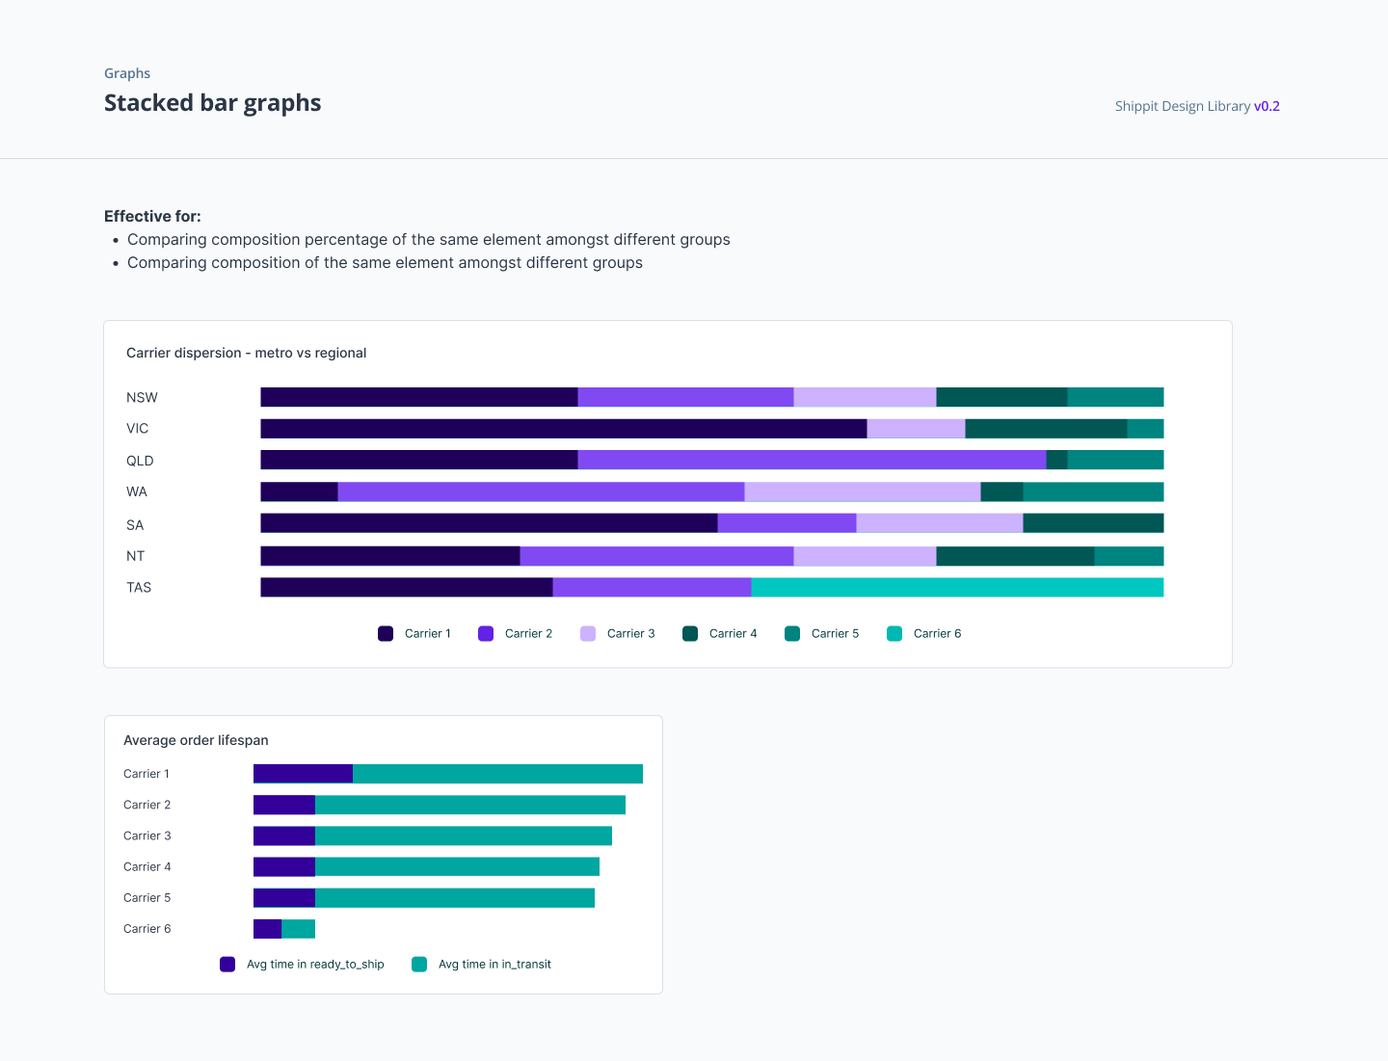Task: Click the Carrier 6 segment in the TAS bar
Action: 957,587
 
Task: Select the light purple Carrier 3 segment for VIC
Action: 916,429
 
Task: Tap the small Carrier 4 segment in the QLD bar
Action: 1056,460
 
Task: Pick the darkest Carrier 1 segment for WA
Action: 299,491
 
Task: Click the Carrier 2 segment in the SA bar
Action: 787,523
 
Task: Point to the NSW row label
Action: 142,398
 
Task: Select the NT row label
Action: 135,556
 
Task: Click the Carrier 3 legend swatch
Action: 588,633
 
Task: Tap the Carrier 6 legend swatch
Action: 894,633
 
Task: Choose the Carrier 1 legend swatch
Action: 386,633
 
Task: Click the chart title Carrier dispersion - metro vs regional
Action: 246,353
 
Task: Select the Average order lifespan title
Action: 196,740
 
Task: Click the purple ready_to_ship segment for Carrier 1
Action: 303,774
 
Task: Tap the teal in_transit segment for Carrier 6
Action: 298,929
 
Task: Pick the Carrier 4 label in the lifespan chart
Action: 147,866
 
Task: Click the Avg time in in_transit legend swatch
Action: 419,964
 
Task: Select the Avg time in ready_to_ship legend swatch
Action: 227,964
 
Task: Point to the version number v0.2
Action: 1267,106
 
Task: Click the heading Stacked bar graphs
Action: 212,103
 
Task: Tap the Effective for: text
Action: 152,216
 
